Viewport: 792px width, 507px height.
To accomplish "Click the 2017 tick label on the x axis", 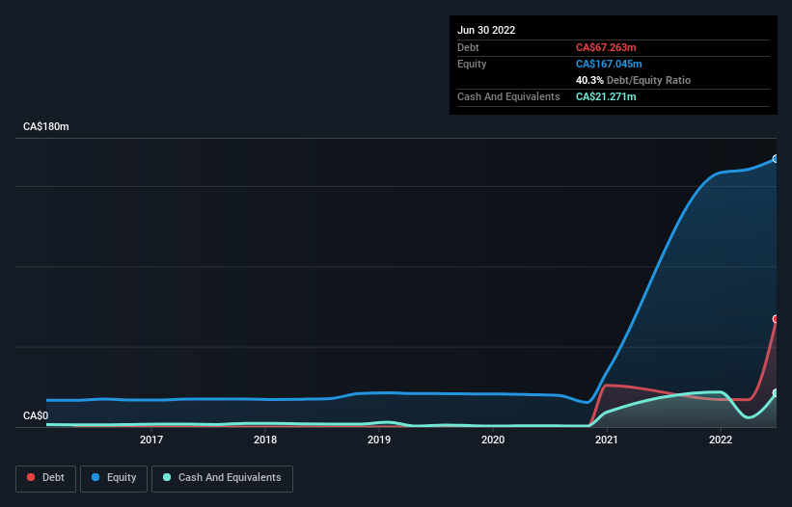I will pos(151,440).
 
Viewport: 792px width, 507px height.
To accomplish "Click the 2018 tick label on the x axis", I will pos(265,440).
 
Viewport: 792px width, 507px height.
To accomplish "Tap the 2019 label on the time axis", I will pos(379,440).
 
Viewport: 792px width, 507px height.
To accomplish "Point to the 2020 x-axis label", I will pos(493,440).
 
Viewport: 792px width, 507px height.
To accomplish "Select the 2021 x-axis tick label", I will pos(607,440).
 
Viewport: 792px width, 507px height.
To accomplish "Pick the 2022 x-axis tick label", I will pos(721,440).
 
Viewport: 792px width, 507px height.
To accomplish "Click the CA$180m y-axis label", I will pos(47,127).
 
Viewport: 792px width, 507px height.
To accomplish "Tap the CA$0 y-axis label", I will pos(37,415).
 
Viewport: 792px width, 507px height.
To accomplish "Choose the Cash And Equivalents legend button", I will pos(222,478).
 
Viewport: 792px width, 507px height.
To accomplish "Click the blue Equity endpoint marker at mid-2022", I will pos(776,159).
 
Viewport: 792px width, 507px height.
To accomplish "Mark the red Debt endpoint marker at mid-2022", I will pos(776,319).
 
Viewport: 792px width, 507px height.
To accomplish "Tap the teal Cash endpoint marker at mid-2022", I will pos(776,393).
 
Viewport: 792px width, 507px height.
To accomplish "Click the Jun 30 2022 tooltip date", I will pos(486,30).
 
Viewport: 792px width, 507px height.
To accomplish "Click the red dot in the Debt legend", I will pos(32,478).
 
